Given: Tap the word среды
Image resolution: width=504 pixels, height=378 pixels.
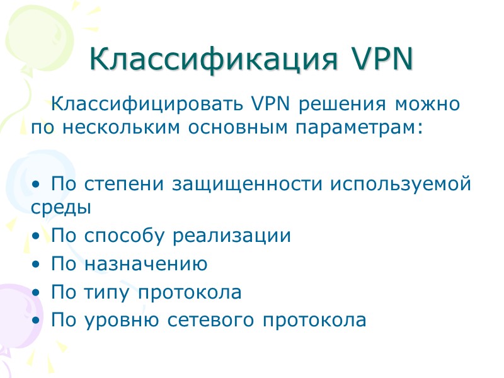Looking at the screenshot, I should (x=60, y=207).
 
